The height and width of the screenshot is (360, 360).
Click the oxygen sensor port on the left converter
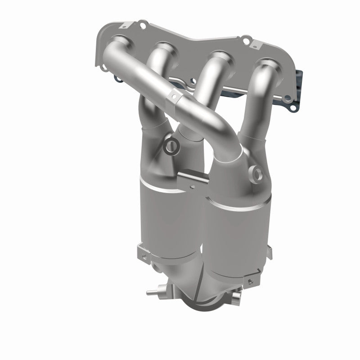click(171, 145)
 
